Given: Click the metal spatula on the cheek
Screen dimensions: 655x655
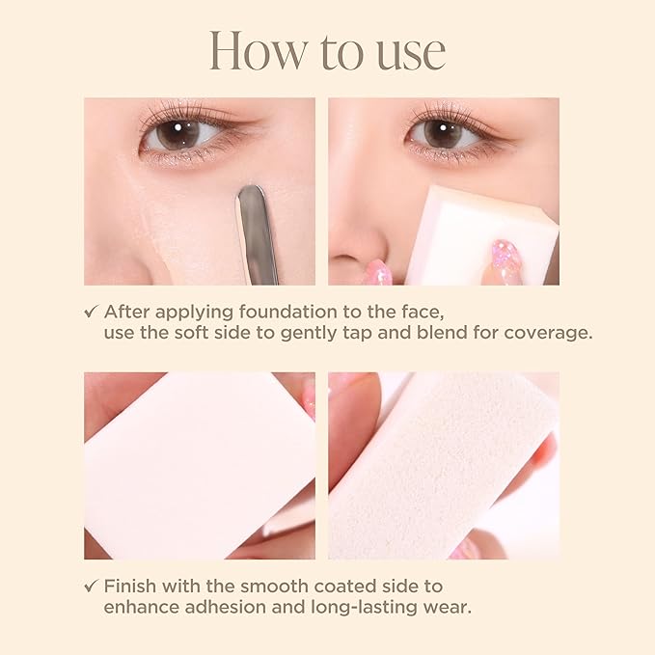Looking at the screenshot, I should (x=256, y=232).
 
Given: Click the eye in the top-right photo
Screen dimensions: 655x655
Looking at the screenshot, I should (x=443, y=133).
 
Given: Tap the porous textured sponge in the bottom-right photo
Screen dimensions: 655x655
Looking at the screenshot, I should (x=444, y=463).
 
